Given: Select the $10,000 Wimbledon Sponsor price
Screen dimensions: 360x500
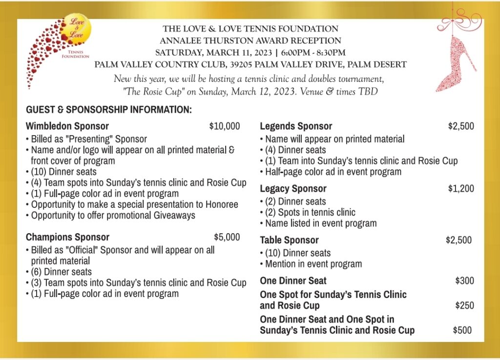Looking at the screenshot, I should [x=225, y=126].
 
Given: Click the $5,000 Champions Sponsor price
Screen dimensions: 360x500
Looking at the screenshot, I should [x=227, y=237].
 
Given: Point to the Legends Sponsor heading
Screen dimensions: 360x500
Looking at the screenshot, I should [x=296, y=126].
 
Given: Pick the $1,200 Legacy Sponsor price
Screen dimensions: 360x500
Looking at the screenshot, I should [x=461, y=188].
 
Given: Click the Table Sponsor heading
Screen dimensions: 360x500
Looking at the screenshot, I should [x=289, y=240].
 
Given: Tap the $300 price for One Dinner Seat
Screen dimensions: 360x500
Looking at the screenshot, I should [x=464, y=280].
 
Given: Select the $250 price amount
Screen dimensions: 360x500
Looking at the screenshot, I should [x=464, y=305].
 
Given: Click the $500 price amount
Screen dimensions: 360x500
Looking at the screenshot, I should [x=462, y=330].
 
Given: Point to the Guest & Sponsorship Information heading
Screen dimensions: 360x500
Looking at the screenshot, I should [x=109, y=109].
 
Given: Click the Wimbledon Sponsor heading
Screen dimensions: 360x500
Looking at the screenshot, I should [x=67, y=126].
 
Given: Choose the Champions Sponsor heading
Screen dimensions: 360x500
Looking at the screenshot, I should [x=67, y=237].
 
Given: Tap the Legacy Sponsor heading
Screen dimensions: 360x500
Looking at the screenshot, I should [x=293, y=188].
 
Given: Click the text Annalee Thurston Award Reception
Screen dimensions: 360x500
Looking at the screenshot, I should [x=250, y=40].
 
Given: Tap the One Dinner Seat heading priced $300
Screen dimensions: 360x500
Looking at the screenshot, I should [x=293, y=280].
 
